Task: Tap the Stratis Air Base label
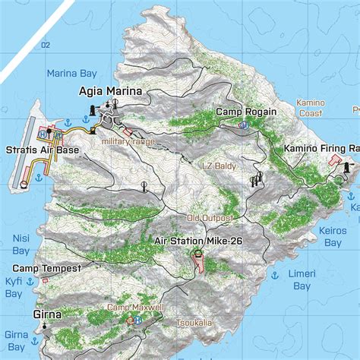[x=42, y=150]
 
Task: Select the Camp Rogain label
[x=245, y=112]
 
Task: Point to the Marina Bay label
[x=71, y=74]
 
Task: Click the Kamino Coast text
[x=310, y=108]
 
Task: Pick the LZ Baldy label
[x=218, y=166]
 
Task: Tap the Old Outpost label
[x=209, y=218]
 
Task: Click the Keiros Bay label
[x=333, y=236]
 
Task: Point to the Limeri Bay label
[x=301, y=279]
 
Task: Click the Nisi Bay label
[x=21, y=243]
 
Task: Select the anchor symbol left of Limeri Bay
[x=272, y=273]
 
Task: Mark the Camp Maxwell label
[x=134, y=307]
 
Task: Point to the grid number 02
[x=46, y=46]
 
